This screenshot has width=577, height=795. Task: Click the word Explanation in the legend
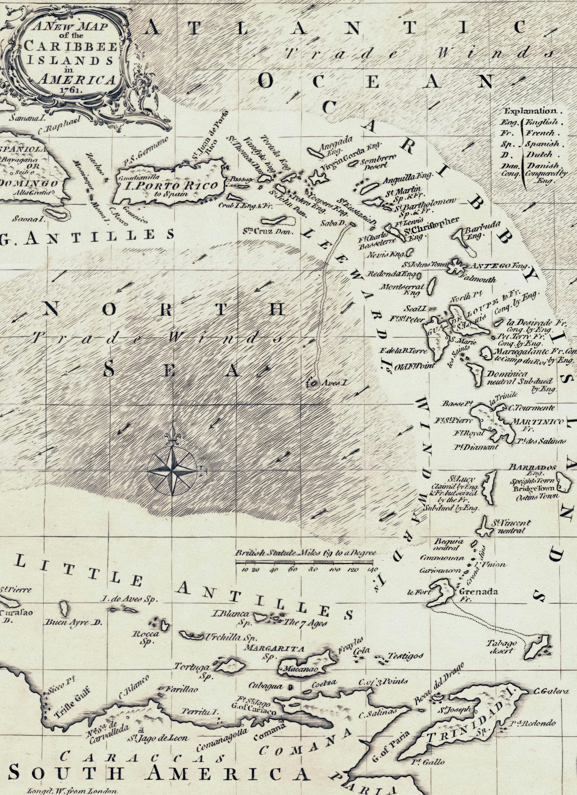pos(530,111)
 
